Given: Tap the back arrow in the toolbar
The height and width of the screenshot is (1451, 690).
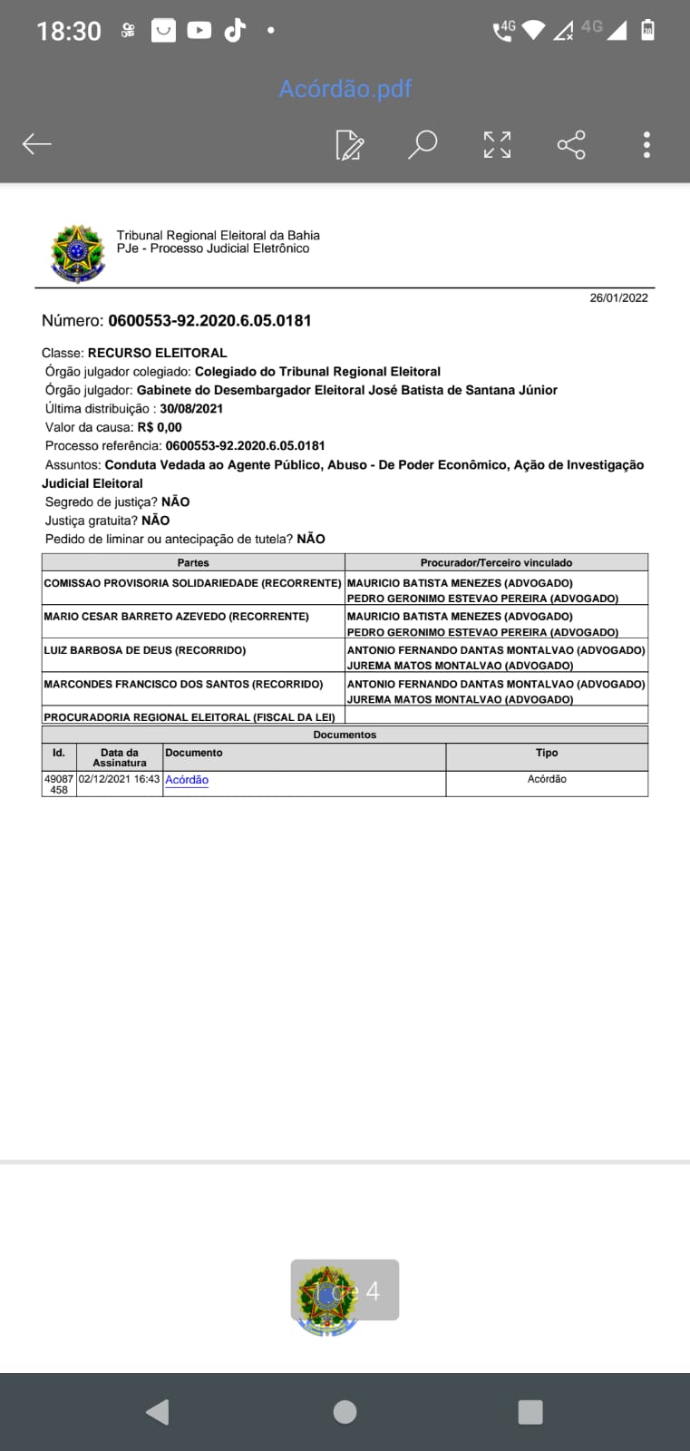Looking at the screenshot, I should [37, 144].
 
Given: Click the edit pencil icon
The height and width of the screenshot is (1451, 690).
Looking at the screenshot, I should [349, 145].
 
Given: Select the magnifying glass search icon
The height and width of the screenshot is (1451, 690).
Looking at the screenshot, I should [423, 144].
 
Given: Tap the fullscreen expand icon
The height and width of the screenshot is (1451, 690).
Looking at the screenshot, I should [497, 144].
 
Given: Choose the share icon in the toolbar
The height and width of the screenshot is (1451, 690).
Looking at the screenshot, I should [571, 144].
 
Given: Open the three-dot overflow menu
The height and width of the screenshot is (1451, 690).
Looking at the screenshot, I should [646, 144].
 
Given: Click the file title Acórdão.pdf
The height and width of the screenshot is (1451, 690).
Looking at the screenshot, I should [345, 89].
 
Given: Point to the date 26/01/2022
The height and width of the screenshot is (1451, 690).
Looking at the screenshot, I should [618, 297].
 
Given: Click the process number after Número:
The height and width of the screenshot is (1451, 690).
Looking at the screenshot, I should [209, 320].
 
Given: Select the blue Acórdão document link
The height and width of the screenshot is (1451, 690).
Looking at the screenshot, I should [187, 780].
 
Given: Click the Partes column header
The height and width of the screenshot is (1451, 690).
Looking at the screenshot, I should [193, 562].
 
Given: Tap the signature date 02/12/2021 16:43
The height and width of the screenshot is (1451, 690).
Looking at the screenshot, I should [119, 779].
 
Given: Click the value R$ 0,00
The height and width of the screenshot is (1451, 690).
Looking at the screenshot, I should [160, 427].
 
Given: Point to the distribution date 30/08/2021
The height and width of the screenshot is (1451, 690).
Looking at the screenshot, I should [191, 408].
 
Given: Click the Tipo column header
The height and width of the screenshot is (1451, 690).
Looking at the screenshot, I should [547, 753].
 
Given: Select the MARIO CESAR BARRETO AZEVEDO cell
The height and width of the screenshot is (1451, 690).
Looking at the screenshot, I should [176, 617].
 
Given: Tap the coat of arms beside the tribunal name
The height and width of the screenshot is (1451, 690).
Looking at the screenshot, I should [78, 253].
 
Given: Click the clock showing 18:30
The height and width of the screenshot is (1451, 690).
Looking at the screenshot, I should [68, 31].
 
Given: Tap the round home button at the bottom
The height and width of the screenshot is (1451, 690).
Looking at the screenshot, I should [345, 1411].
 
